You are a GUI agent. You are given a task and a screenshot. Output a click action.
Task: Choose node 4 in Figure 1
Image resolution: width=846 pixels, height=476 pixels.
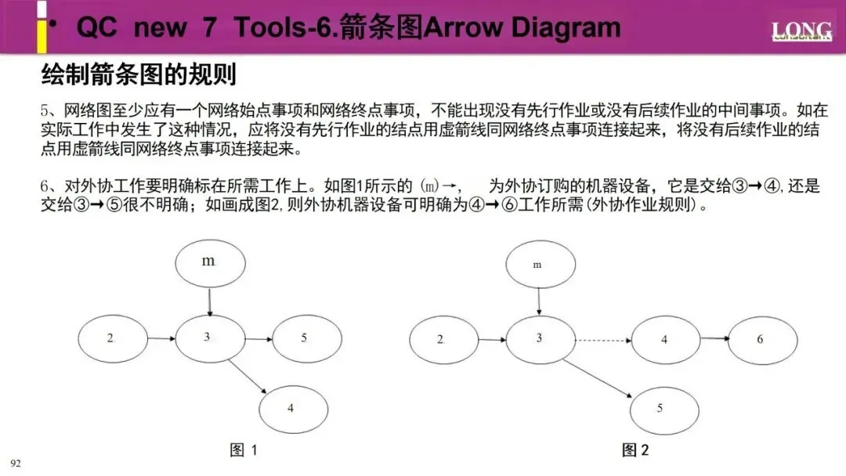click(292, 408)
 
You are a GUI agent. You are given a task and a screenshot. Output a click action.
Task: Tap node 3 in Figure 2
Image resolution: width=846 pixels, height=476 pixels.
click(539, 338)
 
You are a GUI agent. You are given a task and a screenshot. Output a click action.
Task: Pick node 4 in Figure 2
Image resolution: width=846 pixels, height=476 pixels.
click(665, 339)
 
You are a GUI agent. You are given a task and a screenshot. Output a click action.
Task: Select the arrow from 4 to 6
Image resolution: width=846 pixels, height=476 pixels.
click(715, 339)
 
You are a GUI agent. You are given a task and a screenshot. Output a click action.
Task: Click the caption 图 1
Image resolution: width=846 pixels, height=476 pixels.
click(244, 450)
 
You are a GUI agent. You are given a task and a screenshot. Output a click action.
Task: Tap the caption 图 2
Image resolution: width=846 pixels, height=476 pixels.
click(635, 450)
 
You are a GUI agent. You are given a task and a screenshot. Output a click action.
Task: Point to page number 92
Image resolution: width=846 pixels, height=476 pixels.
click(16, 463)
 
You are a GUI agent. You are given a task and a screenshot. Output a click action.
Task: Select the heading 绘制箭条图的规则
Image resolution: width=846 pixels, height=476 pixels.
click(139, 76)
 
